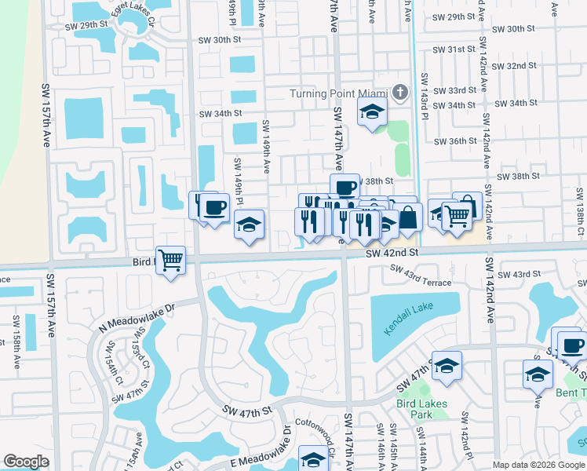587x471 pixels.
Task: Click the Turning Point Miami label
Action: (340, 94)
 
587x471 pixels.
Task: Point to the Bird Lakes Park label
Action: (422, 409)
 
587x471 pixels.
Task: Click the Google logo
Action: (27, 462)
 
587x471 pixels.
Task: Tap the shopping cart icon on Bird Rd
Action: (170, 259)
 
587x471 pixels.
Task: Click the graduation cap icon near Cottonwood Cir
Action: (313, 458)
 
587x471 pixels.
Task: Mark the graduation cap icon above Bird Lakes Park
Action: (447, 366)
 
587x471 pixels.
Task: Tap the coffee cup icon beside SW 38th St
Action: (345, 187)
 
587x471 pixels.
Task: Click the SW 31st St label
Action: (455, 49)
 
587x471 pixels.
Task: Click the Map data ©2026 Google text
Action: (538, 465)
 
